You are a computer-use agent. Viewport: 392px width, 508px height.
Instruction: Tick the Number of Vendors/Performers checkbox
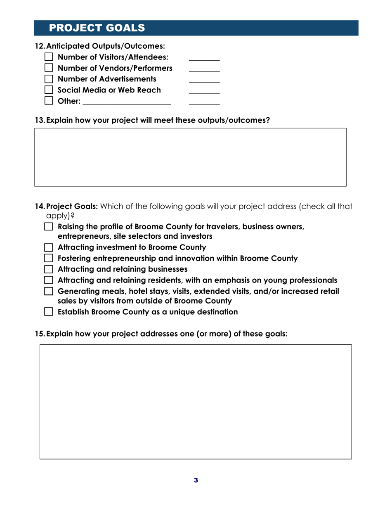(x=49, y=68)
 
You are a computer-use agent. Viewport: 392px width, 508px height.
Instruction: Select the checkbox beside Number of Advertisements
(x=49, y=78)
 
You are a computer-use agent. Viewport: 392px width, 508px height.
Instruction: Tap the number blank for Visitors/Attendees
(x=204, y=58)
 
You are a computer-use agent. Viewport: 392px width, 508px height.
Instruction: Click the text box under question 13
(x=190, y=157)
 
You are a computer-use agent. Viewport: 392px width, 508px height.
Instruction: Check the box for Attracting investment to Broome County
(x=49, y=248)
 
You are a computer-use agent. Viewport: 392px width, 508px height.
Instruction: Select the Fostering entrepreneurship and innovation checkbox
(x=49, y=259)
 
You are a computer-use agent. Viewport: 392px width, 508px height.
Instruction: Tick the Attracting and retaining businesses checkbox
(x=49, y=270)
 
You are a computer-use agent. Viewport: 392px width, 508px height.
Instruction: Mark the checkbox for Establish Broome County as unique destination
(x=49, y=312)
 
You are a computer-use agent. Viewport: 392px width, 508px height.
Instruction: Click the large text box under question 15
(x=196, y=401)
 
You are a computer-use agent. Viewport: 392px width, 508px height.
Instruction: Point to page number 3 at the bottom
(x=196, y=480)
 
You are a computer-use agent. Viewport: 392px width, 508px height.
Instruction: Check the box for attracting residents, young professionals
(x=49, y=281)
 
